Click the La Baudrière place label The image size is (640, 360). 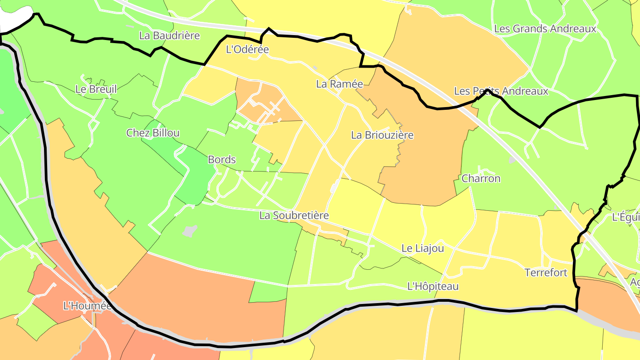click(x=169, y=36)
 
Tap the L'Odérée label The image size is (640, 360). click(x=248, y=49)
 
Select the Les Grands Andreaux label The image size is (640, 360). click(x=545, y=29)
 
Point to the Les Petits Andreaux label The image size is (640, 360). click(x=501, y=91)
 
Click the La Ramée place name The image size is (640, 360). click(x=340, y=84)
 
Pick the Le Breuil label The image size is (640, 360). click(x=96, y=89)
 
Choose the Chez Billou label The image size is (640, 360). click(x=153, y=133)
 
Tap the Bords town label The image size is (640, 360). click(x=222, y=160)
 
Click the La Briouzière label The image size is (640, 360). click(x=382, y=135)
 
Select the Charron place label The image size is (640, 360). click(x=481, y=179)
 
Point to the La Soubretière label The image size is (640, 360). click(x=294, y=216)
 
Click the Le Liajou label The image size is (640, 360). click(x=422, y=248)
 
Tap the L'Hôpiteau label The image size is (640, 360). click(x=432, y=287)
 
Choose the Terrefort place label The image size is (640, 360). click(x=546, y=272)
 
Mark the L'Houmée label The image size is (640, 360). click(x=87, y=306)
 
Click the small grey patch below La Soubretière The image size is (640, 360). click(x=190, y=231)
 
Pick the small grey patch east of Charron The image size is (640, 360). click(x=512, y=159)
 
